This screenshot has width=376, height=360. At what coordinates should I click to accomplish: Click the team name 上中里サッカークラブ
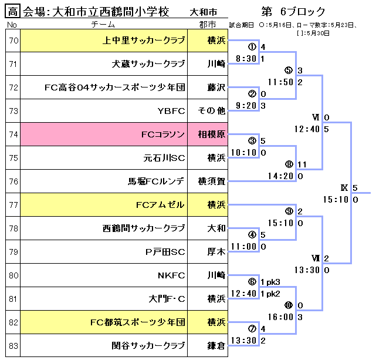144,41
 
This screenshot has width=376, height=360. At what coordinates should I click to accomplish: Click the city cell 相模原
212,134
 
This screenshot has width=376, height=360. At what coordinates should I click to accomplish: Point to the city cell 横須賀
212,181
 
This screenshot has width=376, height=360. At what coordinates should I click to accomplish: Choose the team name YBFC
171,111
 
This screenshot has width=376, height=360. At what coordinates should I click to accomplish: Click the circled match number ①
252,47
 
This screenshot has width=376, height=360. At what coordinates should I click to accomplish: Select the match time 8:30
246,59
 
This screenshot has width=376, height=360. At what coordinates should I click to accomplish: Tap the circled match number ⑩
288,305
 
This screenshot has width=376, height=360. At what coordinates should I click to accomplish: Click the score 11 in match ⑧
303,164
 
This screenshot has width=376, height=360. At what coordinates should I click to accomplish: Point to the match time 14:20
280,176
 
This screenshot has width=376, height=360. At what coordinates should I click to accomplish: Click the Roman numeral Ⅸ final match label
344,188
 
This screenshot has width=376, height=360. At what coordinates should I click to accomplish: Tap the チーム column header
106,25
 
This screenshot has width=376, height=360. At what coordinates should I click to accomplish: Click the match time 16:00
280,317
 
